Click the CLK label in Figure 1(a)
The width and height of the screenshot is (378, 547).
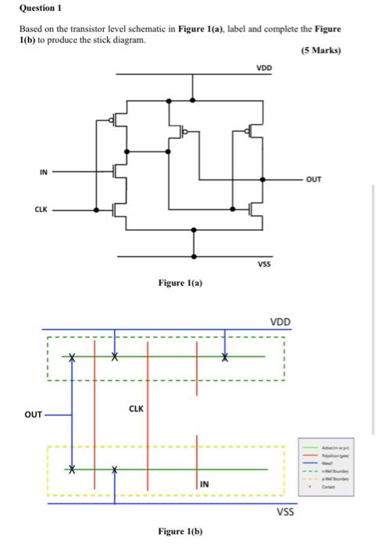[x=41, y=209]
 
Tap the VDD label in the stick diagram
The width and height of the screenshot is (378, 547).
[x=280, y=322]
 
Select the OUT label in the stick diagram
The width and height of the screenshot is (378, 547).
[x=32, y=414]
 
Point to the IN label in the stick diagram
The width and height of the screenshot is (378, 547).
[x=204, y=485]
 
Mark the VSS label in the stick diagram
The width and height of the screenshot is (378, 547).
[x=286, y=513]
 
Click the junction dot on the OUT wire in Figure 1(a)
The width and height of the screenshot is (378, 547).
[x=262, y=179]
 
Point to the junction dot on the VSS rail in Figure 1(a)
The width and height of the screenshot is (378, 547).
[x=194, y=256]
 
